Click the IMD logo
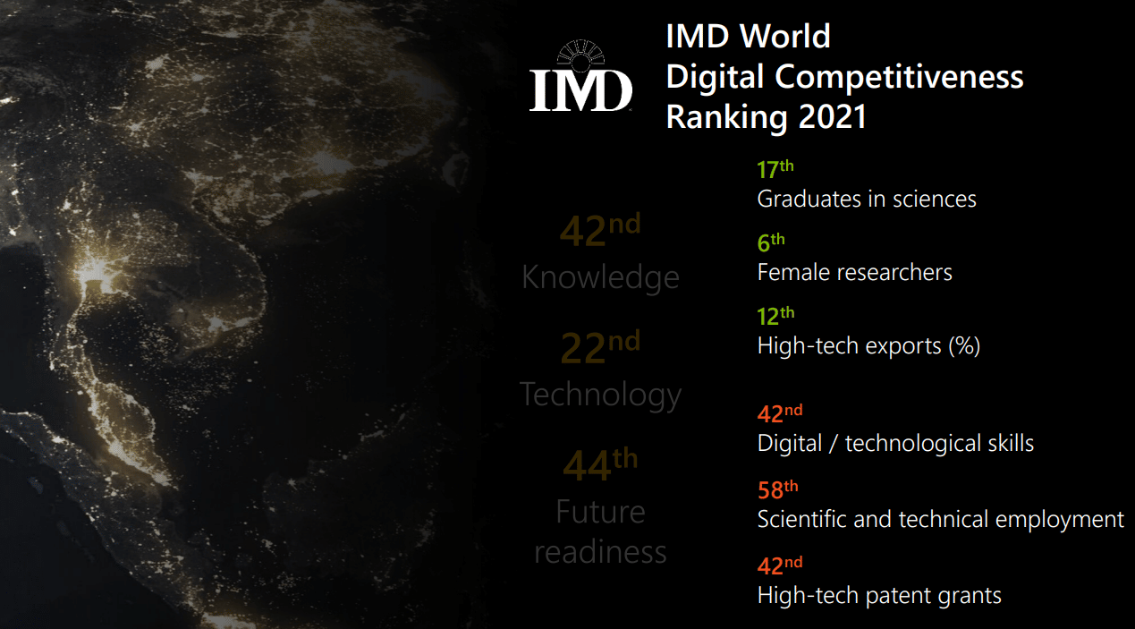pos(580,78)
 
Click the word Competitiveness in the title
pos(899,77)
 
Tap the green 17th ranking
pos(775,170)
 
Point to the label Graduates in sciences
pos(866,199)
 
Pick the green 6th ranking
pos(770,243)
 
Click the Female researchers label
pos(854,272)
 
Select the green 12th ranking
pos(775,317)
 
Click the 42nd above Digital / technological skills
pos(779,414)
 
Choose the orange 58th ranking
pos(777,490)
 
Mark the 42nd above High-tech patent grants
pos(779,566)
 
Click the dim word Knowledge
pos(600,277)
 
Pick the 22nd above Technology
pos(599,347)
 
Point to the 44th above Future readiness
pos(599,464)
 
